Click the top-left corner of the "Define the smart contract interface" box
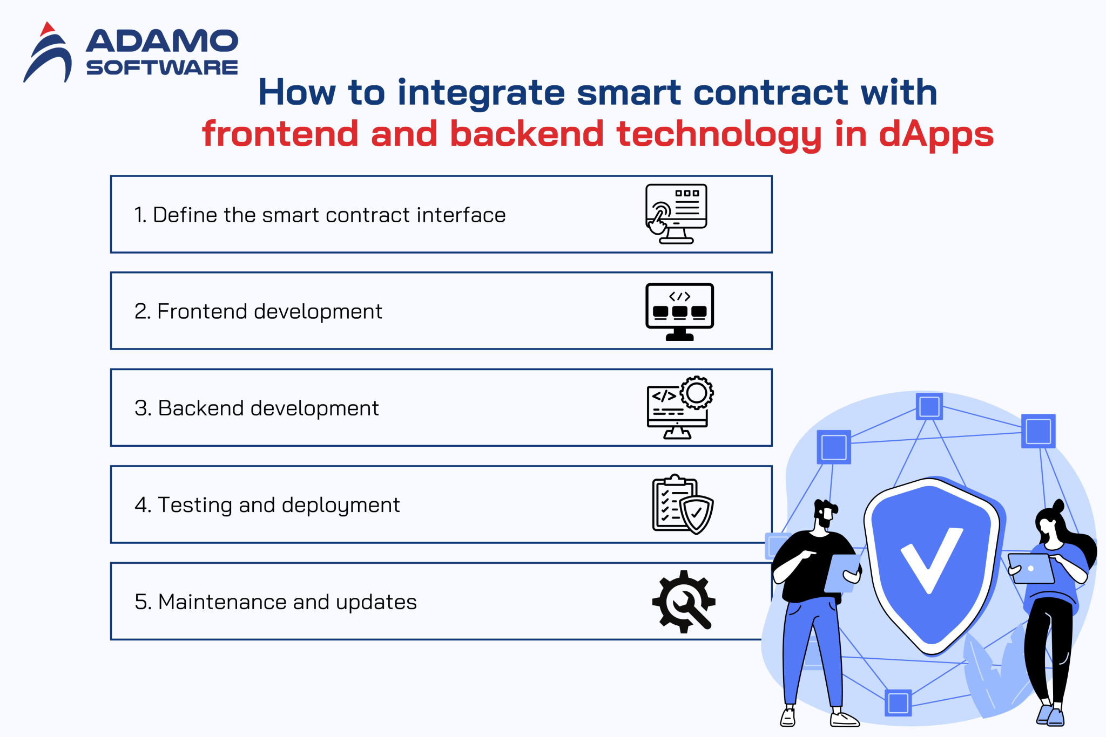[111, 176]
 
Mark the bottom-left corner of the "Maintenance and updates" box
[111, 639]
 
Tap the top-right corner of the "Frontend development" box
[772, 273]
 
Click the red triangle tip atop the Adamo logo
[48, 23]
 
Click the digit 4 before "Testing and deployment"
[142, 505]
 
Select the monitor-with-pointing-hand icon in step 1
[677, 214]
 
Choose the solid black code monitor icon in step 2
[679, 312]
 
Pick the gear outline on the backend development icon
[697, 392]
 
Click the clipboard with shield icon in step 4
[683, 504]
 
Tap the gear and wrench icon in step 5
[684, 601]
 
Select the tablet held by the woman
[1031, 569]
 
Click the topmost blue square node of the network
[929, 406]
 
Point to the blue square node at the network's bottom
[898, 703]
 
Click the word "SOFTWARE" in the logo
[162, 67]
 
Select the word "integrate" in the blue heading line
[481, 93]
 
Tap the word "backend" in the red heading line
[527, 133]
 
